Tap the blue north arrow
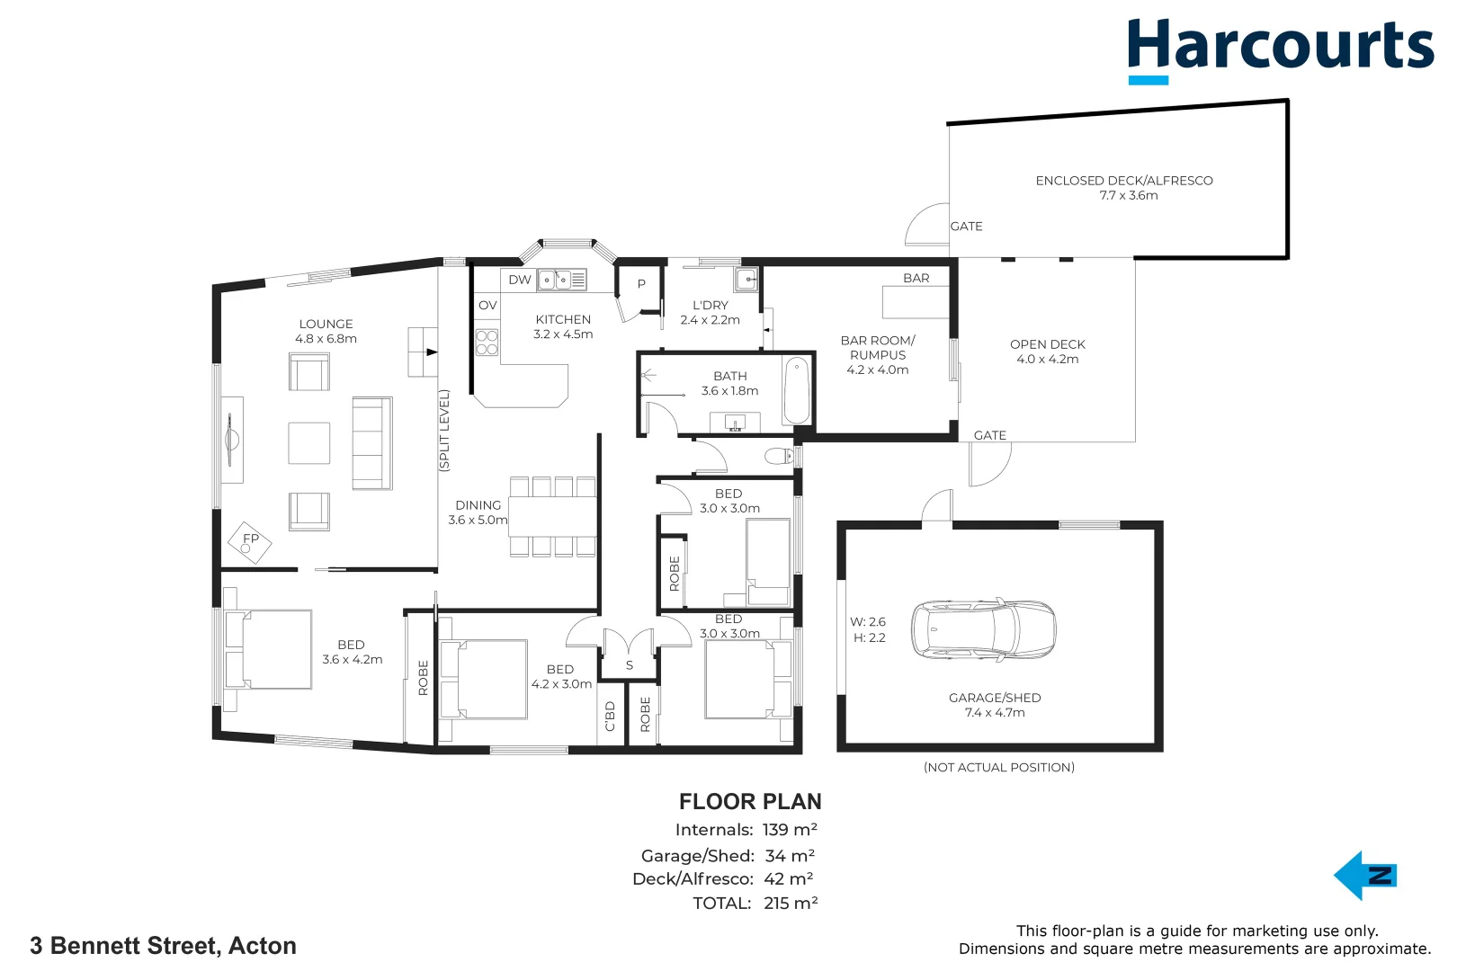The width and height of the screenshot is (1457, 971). (x=1364, y=876)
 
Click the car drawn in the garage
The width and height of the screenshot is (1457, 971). (x=983, y=630)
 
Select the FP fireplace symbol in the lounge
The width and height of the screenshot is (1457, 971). (x=249, y=541)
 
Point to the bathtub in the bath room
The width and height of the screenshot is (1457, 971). (x=796, y=391)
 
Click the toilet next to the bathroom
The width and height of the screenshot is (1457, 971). (x=779, y=456)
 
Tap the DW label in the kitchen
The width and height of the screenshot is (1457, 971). (x=519, y=280)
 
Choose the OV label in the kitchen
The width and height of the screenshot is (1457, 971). (x=487, y=306)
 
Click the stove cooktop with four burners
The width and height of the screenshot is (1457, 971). (x=487, y=343)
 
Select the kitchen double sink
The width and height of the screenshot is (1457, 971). (x=554, y=281)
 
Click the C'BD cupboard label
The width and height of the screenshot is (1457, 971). (x=610, y=717)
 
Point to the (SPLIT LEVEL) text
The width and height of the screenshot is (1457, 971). (x=443, y=431)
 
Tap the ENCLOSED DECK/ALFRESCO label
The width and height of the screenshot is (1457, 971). (x=1123, y=181)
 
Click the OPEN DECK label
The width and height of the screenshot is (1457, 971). (x=1047, y=344)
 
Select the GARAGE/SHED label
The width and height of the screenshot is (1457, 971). (x=994, y=698)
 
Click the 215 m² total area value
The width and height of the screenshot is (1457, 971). (x=791, y=903)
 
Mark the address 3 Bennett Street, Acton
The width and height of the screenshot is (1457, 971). (x=163, y=946)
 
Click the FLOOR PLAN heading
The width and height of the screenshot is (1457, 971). (x=749, y=801)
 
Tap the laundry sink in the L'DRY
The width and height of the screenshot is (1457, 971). (x=746, y=280)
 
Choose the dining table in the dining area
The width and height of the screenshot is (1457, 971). (x=551, y=517)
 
